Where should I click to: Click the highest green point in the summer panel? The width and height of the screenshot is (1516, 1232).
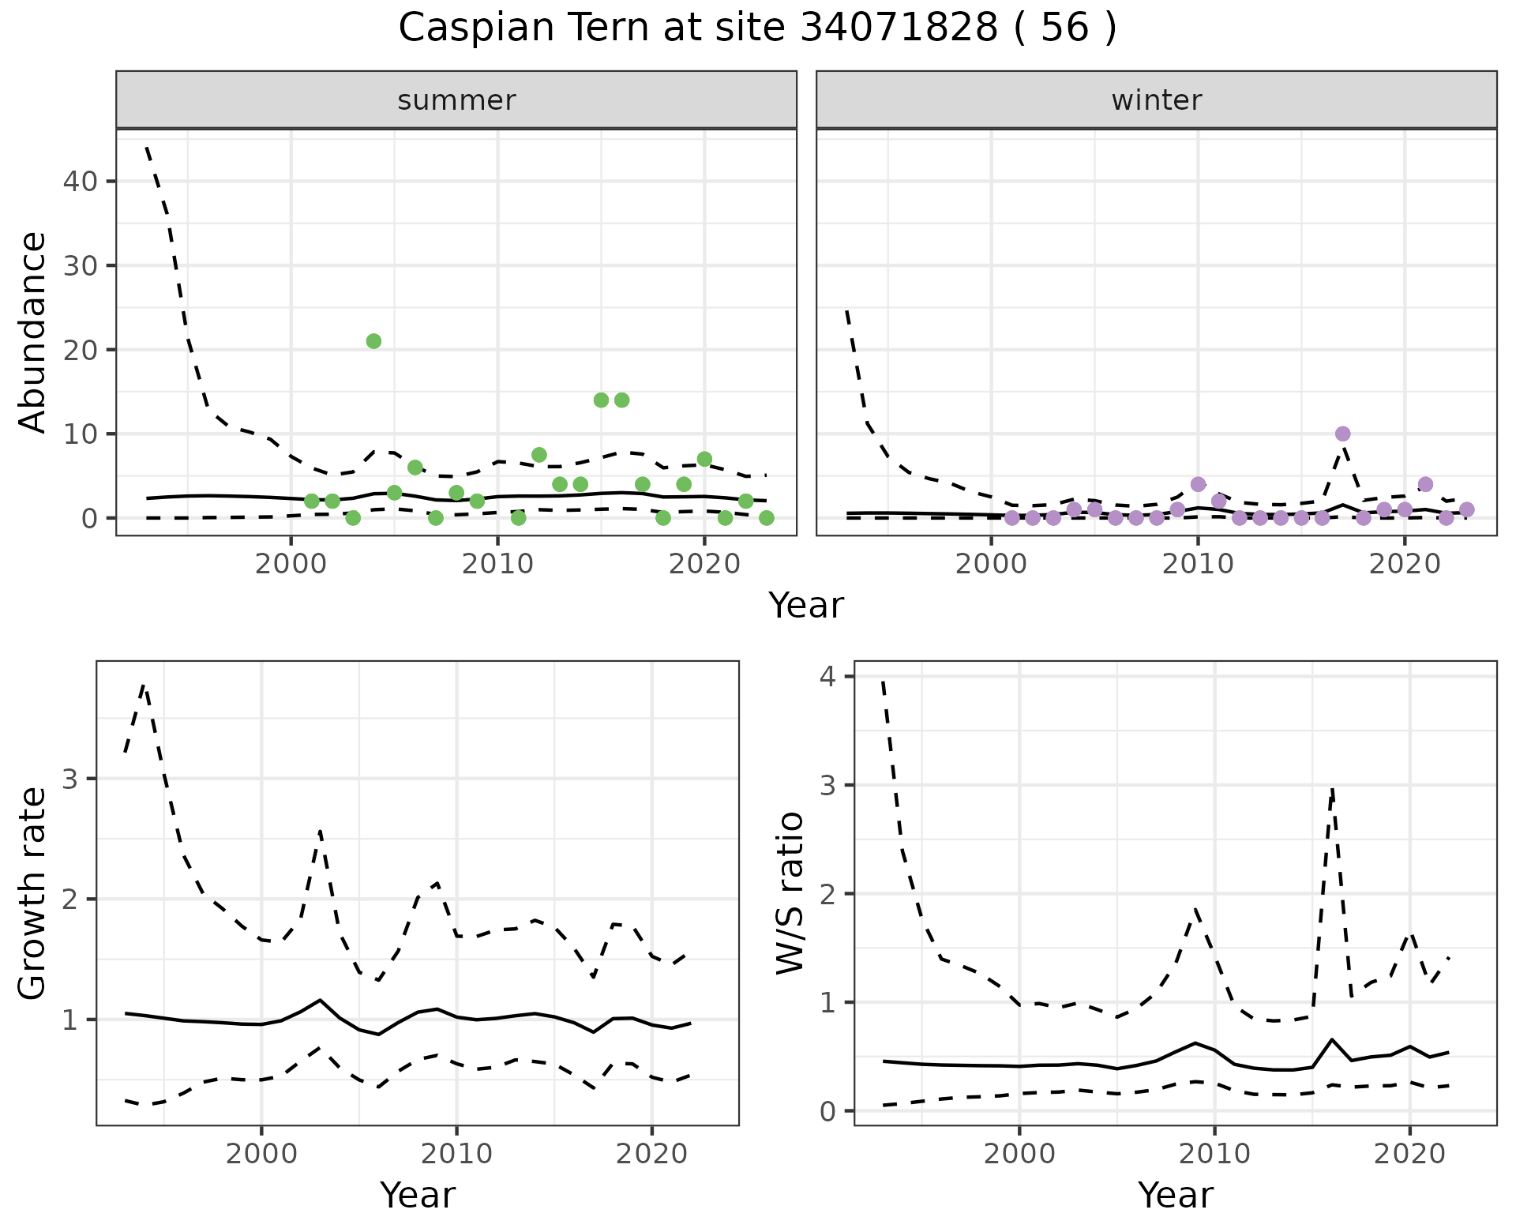(x=373, y=341)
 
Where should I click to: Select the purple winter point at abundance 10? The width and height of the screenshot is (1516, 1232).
(x=1342, y=434)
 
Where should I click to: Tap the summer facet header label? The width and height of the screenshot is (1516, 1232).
(x=456, y=100)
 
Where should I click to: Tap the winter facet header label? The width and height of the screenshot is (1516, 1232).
(x=1156, y=100)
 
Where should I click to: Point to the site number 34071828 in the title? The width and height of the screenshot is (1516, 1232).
(x=899, y=28)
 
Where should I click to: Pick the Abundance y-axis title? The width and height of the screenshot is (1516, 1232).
(x=33, y=332)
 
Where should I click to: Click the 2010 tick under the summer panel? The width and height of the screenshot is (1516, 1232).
(x=497, y=564)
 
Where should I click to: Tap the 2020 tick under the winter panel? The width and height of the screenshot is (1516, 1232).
(x=1405, y=564)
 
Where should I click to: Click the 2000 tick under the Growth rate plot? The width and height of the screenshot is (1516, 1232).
(x=261, y=1154)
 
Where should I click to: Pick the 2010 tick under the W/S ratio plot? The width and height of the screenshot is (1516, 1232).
(x=1214, y=1154)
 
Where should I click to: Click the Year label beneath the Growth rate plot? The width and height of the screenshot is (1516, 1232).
(x=418, y=1195)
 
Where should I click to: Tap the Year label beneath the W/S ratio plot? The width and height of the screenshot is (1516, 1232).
(x=1175, y=1195)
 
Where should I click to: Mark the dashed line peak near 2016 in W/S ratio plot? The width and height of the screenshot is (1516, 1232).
(x=1332, y=790)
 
